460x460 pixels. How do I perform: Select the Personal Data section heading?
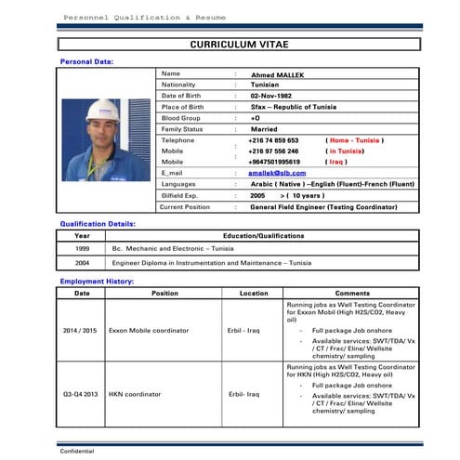86,61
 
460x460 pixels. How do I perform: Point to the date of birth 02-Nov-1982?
271,96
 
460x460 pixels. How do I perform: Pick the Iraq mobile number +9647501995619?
274,161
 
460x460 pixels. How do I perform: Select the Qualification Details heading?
98,224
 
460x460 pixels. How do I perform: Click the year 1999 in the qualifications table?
82,249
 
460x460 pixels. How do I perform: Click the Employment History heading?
97,281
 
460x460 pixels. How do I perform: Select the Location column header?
253,293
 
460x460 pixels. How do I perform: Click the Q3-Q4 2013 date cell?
82,393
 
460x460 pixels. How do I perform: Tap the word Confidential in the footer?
77,451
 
